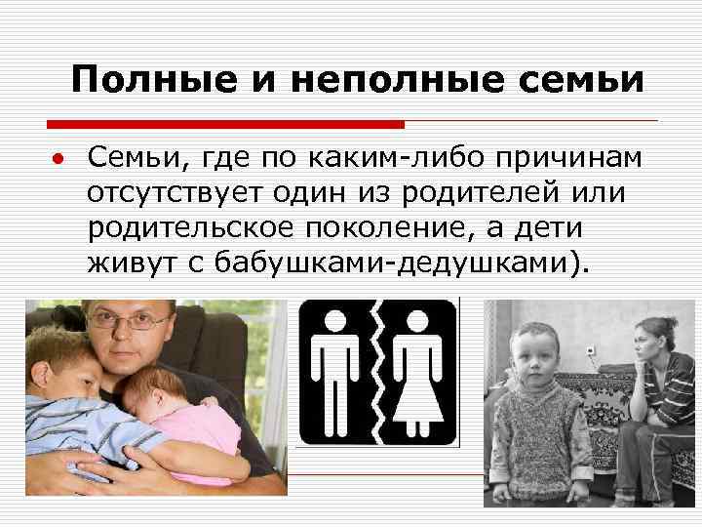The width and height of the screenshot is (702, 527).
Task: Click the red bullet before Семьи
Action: click(x=58, y=159)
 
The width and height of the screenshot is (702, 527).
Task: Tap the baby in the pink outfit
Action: click(x=180, y=410)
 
